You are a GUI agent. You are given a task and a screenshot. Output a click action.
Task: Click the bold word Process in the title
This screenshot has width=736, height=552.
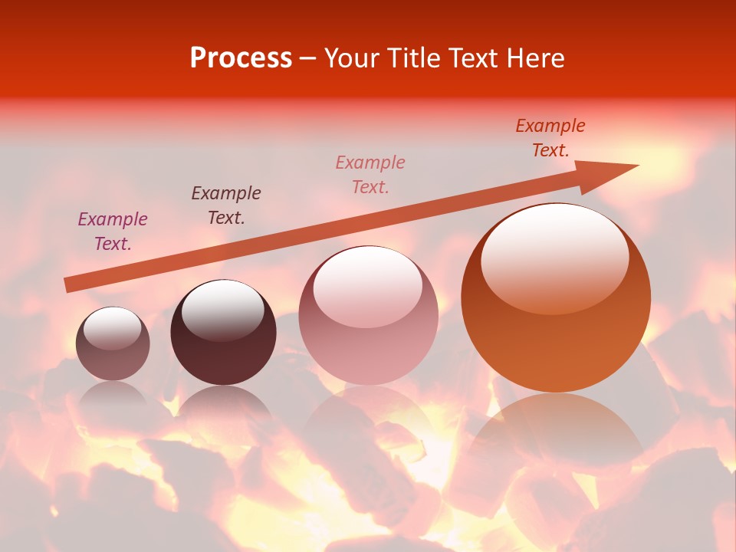pyautogui.click(x=241, y=58)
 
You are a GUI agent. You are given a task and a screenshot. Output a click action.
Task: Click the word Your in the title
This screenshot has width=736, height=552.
pyautogui.click(x=353, y=58)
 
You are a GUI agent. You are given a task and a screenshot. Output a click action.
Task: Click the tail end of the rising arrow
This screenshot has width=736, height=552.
pyautogui.click(x=69, y=284)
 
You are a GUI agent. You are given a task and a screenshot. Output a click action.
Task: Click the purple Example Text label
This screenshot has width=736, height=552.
pyautogui.click(x=112, y=232)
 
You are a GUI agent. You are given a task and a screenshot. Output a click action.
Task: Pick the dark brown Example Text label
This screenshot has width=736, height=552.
pyautogui.click(x=225, y=205)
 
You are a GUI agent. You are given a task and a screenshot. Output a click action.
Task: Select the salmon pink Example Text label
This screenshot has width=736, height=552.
pyautogui.click(x=370, y=174)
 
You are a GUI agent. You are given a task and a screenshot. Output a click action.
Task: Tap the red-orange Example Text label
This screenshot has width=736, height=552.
pyautogui.click(x=550, y=138)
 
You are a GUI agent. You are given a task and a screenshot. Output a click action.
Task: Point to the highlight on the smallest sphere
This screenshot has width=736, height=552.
pyautogui.click(x=112, y=329)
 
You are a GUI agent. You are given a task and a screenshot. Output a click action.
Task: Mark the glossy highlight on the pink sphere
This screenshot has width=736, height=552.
pyautogui.click(x=367, y=286)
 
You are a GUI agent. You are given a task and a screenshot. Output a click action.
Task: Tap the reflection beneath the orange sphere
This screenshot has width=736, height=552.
pyautogui.click(x=556, y=429)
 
